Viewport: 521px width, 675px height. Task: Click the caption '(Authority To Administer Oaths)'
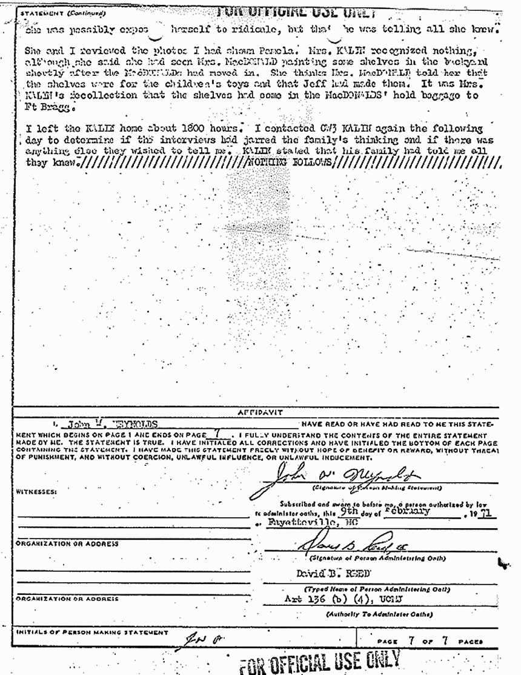[366, 614]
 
